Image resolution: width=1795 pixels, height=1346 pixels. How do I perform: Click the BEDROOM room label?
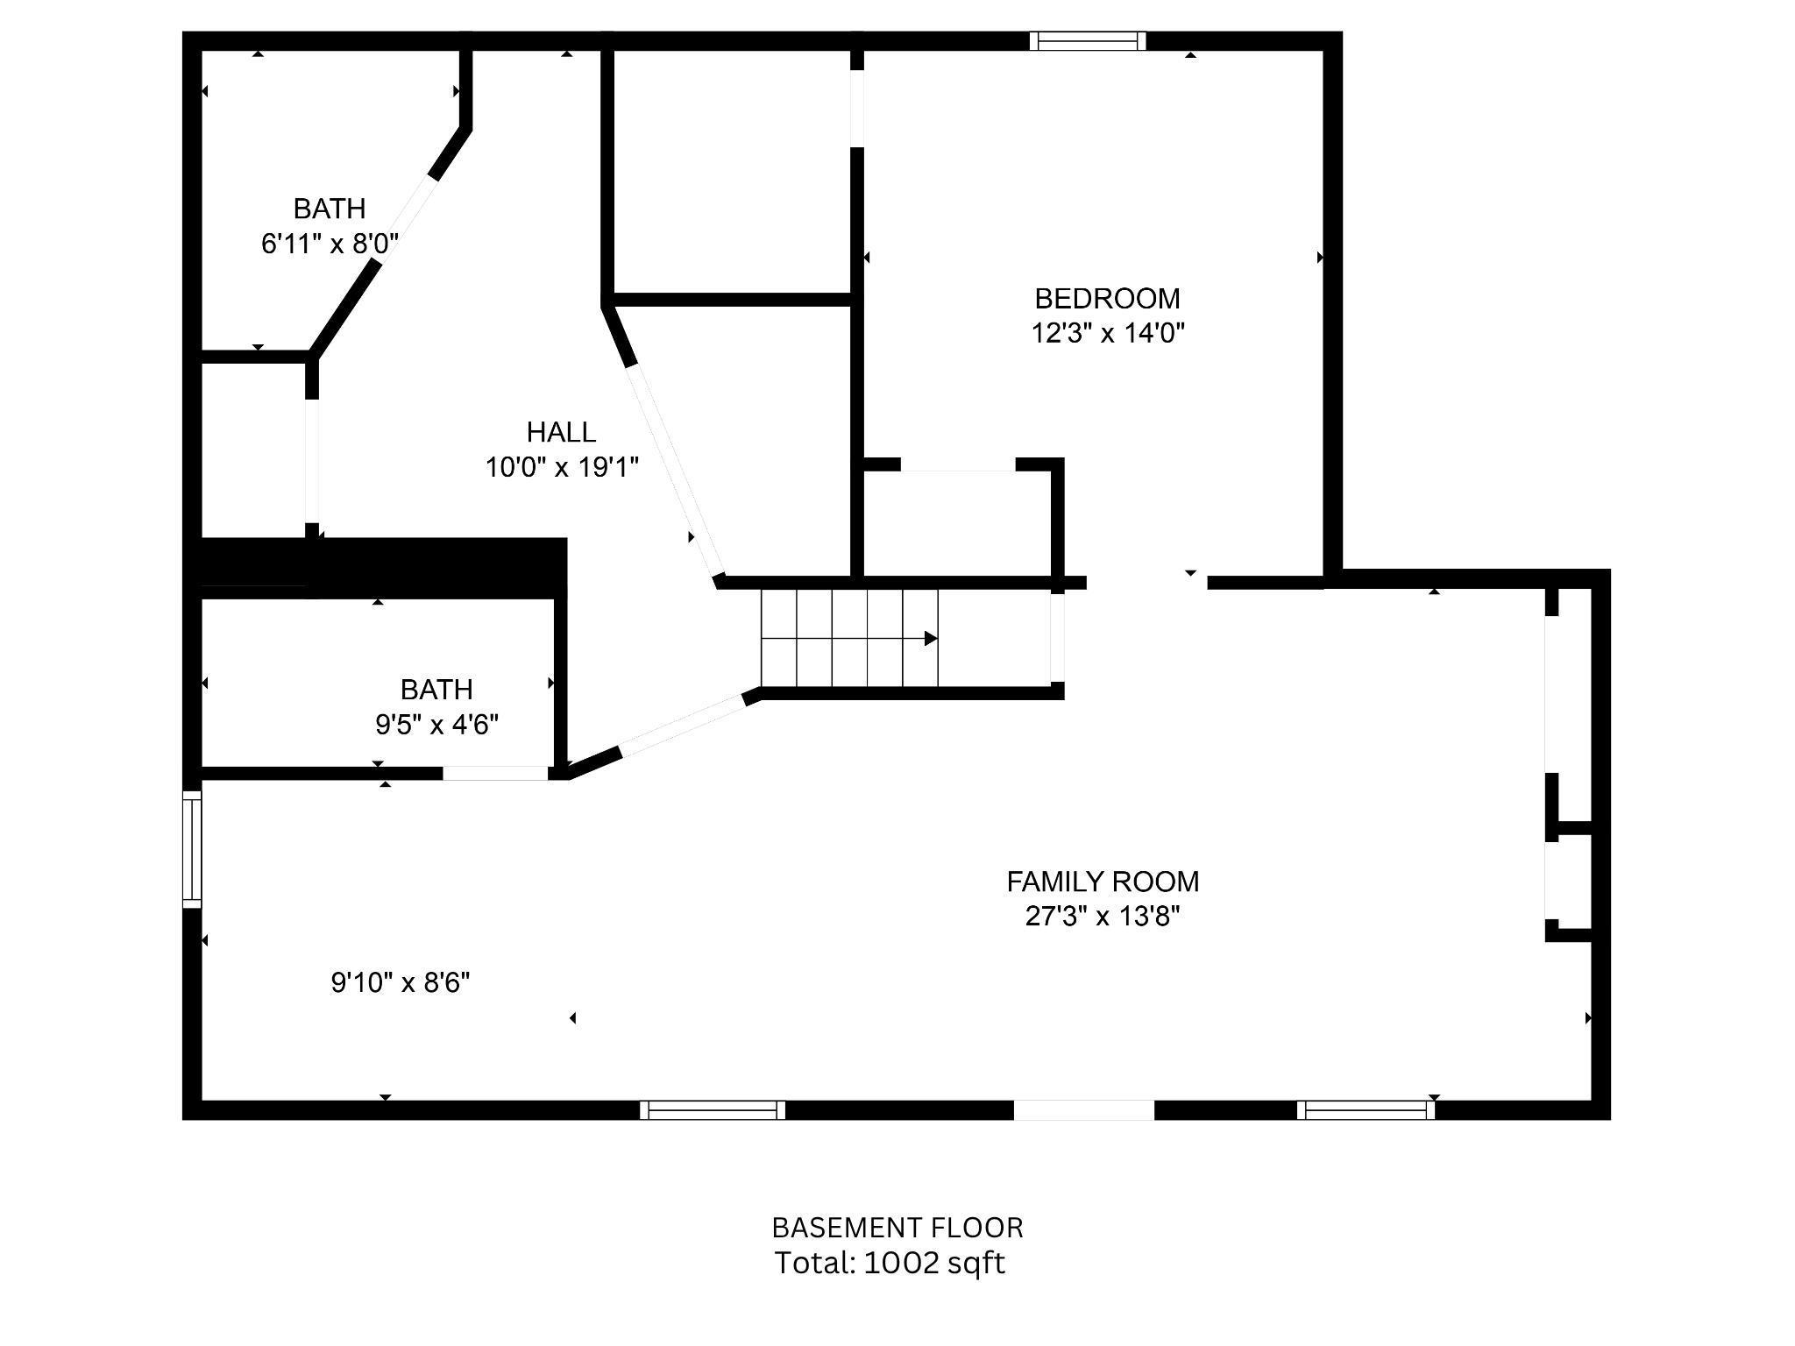coord(1107,299)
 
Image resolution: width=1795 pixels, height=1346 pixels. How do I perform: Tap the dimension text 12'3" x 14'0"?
coord(1108,334)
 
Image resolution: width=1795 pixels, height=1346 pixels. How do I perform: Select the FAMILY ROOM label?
coord(1103,882)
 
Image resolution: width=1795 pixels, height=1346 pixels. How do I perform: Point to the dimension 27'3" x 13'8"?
coord(1103,917)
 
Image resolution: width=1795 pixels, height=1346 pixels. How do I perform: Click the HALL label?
coord(561,432)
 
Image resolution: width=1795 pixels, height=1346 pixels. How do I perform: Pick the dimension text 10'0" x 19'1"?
coord(562,467)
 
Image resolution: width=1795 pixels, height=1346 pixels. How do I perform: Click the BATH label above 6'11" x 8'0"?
coord(329,209)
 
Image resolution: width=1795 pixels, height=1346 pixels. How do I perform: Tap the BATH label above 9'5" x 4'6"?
coord(436,690)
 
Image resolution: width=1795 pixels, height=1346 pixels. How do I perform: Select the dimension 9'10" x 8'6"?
coord(400,983)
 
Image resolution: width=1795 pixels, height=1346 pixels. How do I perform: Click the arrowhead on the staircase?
coord(931,639)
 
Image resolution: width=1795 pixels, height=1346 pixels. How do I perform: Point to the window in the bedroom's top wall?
coord(1088,41)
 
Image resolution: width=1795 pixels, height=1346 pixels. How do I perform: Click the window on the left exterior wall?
coord(192,848)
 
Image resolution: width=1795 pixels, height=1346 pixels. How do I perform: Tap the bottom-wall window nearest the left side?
coord(713,1110)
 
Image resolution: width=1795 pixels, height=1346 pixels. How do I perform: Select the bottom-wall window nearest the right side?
coord(1366,1110)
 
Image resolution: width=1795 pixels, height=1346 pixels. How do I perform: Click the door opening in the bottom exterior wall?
coord(1084,1110)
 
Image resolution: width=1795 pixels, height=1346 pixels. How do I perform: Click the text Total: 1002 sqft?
coord(890,1263)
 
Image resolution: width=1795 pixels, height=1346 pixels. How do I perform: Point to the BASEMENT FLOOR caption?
coord(897,1228)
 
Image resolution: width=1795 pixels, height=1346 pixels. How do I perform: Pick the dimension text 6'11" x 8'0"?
coord(330,244)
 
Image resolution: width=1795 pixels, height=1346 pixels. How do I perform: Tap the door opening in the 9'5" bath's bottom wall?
coord(495,773)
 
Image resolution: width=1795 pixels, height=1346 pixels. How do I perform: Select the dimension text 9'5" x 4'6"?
coord(437,725)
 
